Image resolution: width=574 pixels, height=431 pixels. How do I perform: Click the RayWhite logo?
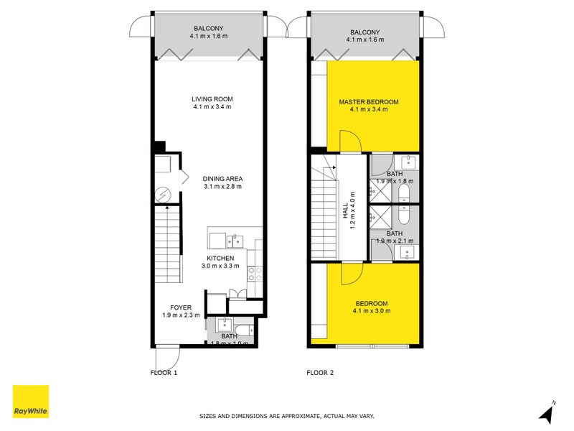click(x=31, y=402)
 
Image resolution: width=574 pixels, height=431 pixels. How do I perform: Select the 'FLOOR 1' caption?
click(x=164, y=373)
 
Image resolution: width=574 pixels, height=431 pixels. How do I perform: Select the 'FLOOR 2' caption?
click(x=320, y=373)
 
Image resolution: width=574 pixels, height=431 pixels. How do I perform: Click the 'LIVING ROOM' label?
click(x=212, y=99)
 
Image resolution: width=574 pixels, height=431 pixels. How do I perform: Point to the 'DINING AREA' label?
click(x=222, y=178)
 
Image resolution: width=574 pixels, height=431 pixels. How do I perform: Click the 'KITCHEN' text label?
click(x=221, y=258)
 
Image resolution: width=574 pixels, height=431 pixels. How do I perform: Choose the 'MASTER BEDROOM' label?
click(x=369, y=102)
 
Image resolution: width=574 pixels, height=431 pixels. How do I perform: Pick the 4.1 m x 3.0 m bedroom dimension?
click(x=372, y=312)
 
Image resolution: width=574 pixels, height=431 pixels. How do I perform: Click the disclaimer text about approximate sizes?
click(x=287, y=416)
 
